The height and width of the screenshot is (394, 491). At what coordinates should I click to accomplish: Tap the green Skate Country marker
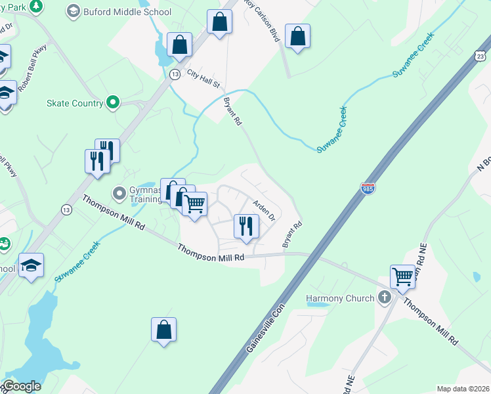[113, 102]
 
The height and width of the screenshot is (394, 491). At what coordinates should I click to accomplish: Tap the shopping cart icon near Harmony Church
[402, 276]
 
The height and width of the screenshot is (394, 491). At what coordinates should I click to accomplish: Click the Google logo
[22, 386]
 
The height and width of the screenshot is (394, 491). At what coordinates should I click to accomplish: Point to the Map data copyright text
[463, 389]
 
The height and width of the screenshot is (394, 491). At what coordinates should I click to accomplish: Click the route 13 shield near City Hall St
[175, 74]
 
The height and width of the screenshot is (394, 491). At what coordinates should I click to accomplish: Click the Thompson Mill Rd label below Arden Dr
[211, 252]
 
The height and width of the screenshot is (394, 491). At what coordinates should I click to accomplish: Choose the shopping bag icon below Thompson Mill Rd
[163, 330]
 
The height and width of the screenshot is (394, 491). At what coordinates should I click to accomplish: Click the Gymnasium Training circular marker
[119, 193]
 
